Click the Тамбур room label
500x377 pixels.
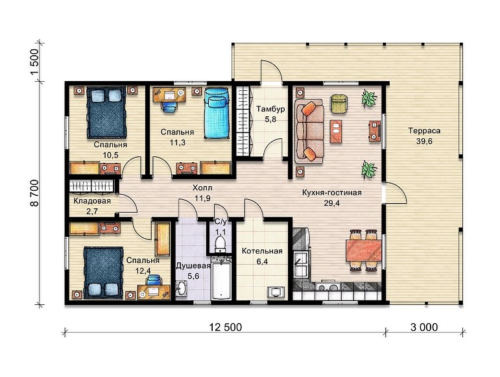270,109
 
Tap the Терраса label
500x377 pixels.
424,131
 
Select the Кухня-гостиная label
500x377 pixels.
331,193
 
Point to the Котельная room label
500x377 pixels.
262,251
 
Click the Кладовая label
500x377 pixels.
92,201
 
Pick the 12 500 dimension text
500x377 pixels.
226,327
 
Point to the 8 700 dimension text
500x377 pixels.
34,193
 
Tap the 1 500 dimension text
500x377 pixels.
34,62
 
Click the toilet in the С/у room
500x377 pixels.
220,243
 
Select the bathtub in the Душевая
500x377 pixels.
222,281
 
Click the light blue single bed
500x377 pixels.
217,113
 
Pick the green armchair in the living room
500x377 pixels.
339,103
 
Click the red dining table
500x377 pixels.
364,250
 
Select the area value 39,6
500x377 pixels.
424,141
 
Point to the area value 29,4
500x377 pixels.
332,203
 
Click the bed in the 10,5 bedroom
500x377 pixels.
106,112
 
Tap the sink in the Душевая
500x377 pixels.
182,288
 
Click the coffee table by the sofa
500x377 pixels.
336,131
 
